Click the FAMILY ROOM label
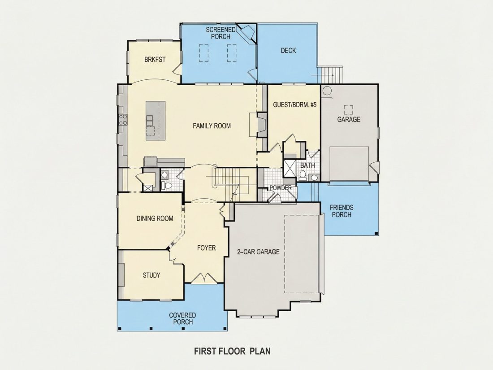point(212,126)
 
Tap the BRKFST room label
point(155,60)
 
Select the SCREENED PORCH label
point(221,33)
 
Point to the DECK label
point(288,50)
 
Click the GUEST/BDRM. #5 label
point(294,105)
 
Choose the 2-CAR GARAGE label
point(258,252)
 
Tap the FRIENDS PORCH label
point(342,211)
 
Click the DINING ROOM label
point(155,218)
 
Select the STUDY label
point(151,275)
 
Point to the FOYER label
point(206,248)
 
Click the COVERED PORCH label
point(182,318)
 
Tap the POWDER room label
point(281,188)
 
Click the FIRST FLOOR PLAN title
point(232,351)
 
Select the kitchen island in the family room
point(156,121)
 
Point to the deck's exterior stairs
point(330,75)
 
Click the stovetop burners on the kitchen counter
point(123,119)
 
